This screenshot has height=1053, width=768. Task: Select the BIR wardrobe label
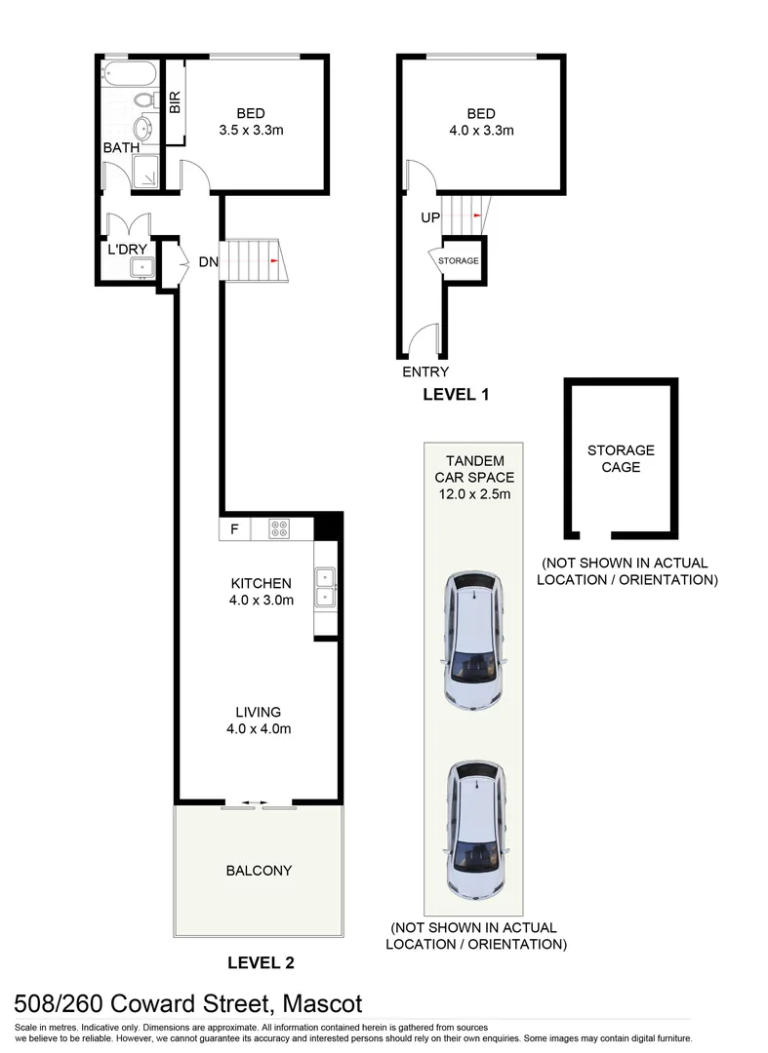tap(175, 103)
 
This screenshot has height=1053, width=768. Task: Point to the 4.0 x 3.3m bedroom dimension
tap(481, 130)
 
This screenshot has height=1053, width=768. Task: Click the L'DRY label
tap(127, 250)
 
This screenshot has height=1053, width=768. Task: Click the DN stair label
tap(208, 261)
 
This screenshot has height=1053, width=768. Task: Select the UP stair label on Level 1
tap(430, 217)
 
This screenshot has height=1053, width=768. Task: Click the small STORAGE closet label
tap(459, 261)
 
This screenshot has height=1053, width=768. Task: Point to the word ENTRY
tap(425, 371)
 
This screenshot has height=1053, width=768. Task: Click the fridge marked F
tap(234, 530)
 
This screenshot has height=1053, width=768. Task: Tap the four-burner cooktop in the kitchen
tap(279, 530)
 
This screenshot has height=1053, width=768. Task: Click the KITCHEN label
tap(261, 583)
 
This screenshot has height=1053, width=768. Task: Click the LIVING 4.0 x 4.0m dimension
tap(261, 728)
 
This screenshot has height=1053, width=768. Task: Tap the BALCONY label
tap(259, 871)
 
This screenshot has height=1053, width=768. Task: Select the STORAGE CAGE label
tap(621, 458)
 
